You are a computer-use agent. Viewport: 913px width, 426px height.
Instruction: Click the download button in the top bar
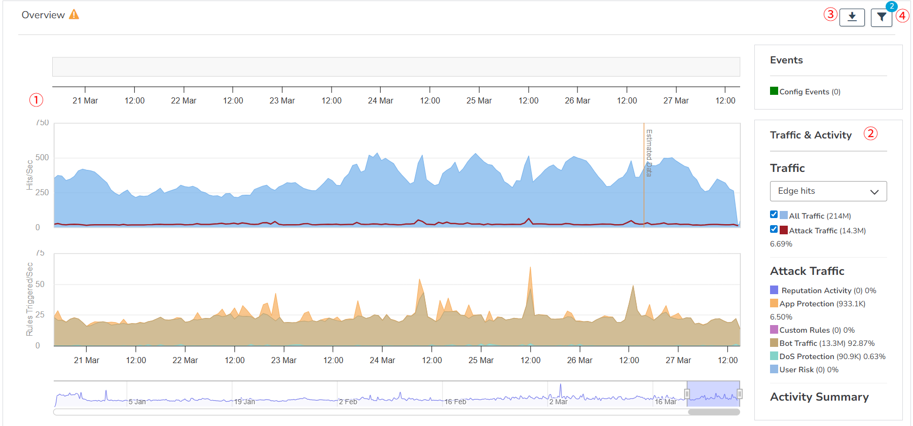[852, 17]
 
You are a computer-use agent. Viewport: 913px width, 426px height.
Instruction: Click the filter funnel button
[881, 18]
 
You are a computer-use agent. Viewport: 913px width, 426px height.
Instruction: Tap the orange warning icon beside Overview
[74, 15]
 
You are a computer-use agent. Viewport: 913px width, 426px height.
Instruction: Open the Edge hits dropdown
[828, 191]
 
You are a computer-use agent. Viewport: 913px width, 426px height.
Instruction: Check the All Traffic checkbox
[774, 215]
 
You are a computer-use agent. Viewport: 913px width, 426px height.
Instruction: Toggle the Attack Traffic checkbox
[774, 229]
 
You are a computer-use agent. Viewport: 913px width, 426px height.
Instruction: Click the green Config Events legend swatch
[774, 91]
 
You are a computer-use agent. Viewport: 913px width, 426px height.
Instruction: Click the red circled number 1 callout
[36, 100]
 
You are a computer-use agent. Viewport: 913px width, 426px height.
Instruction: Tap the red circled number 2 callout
[870, 133]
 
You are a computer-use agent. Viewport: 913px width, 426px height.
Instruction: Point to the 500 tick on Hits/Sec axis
[42, 157]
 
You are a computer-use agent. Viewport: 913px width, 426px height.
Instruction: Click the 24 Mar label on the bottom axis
[382, 360]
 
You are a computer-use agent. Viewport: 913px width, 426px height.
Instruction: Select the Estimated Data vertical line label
[649, 153]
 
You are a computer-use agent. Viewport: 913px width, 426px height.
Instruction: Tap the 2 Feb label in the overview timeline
[348, 402]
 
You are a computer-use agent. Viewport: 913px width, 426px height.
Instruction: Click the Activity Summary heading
[819, 397]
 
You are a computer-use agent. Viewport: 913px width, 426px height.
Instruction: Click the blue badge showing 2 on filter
[891, 7]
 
